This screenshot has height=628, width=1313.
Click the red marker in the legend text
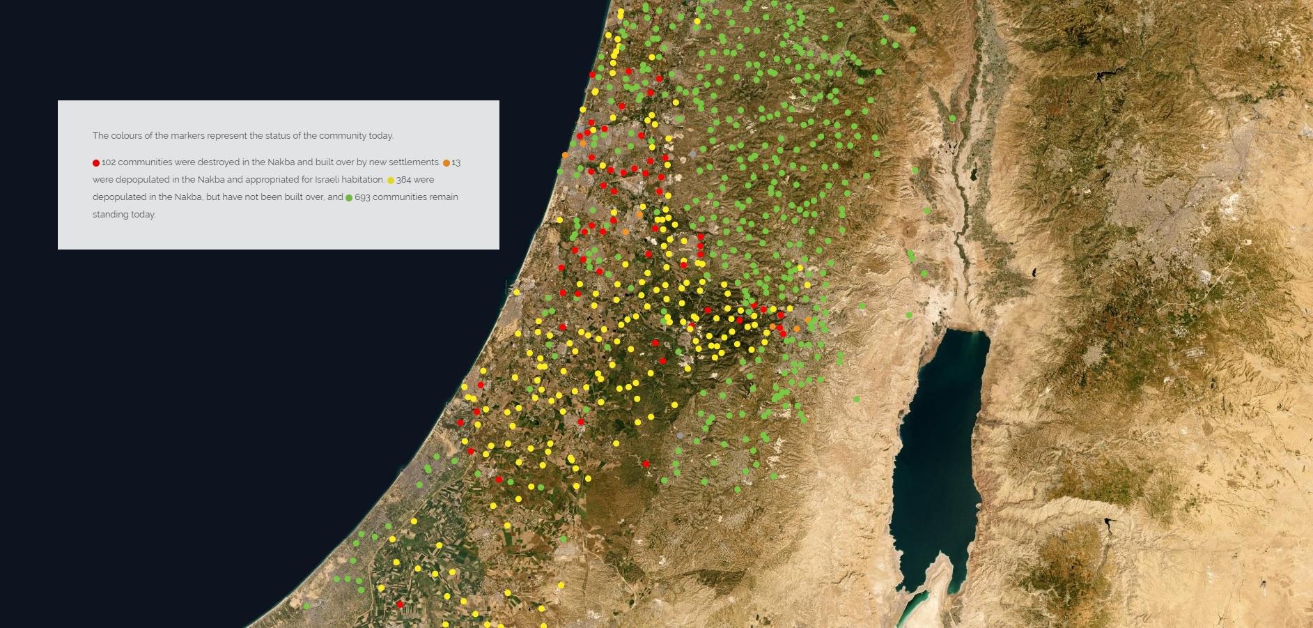(96, 163)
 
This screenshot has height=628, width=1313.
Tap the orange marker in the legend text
(446, 163)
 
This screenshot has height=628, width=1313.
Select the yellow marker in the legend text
(391, 181)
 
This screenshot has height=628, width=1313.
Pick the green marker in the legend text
(349, 198)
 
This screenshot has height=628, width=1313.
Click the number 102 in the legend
(109, 162)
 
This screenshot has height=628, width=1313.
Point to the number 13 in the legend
(456, 162)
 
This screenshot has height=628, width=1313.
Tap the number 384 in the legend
(403, 180)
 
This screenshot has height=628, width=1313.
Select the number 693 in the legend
(362, 197)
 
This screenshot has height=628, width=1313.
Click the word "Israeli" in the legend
(327, 180)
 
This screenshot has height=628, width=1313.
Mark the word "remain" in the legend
(444, 197)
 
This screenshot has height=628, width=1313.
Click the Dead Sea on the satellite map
(937, 453)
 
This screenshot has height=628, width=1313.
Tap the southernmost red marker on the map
(400, 604)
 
